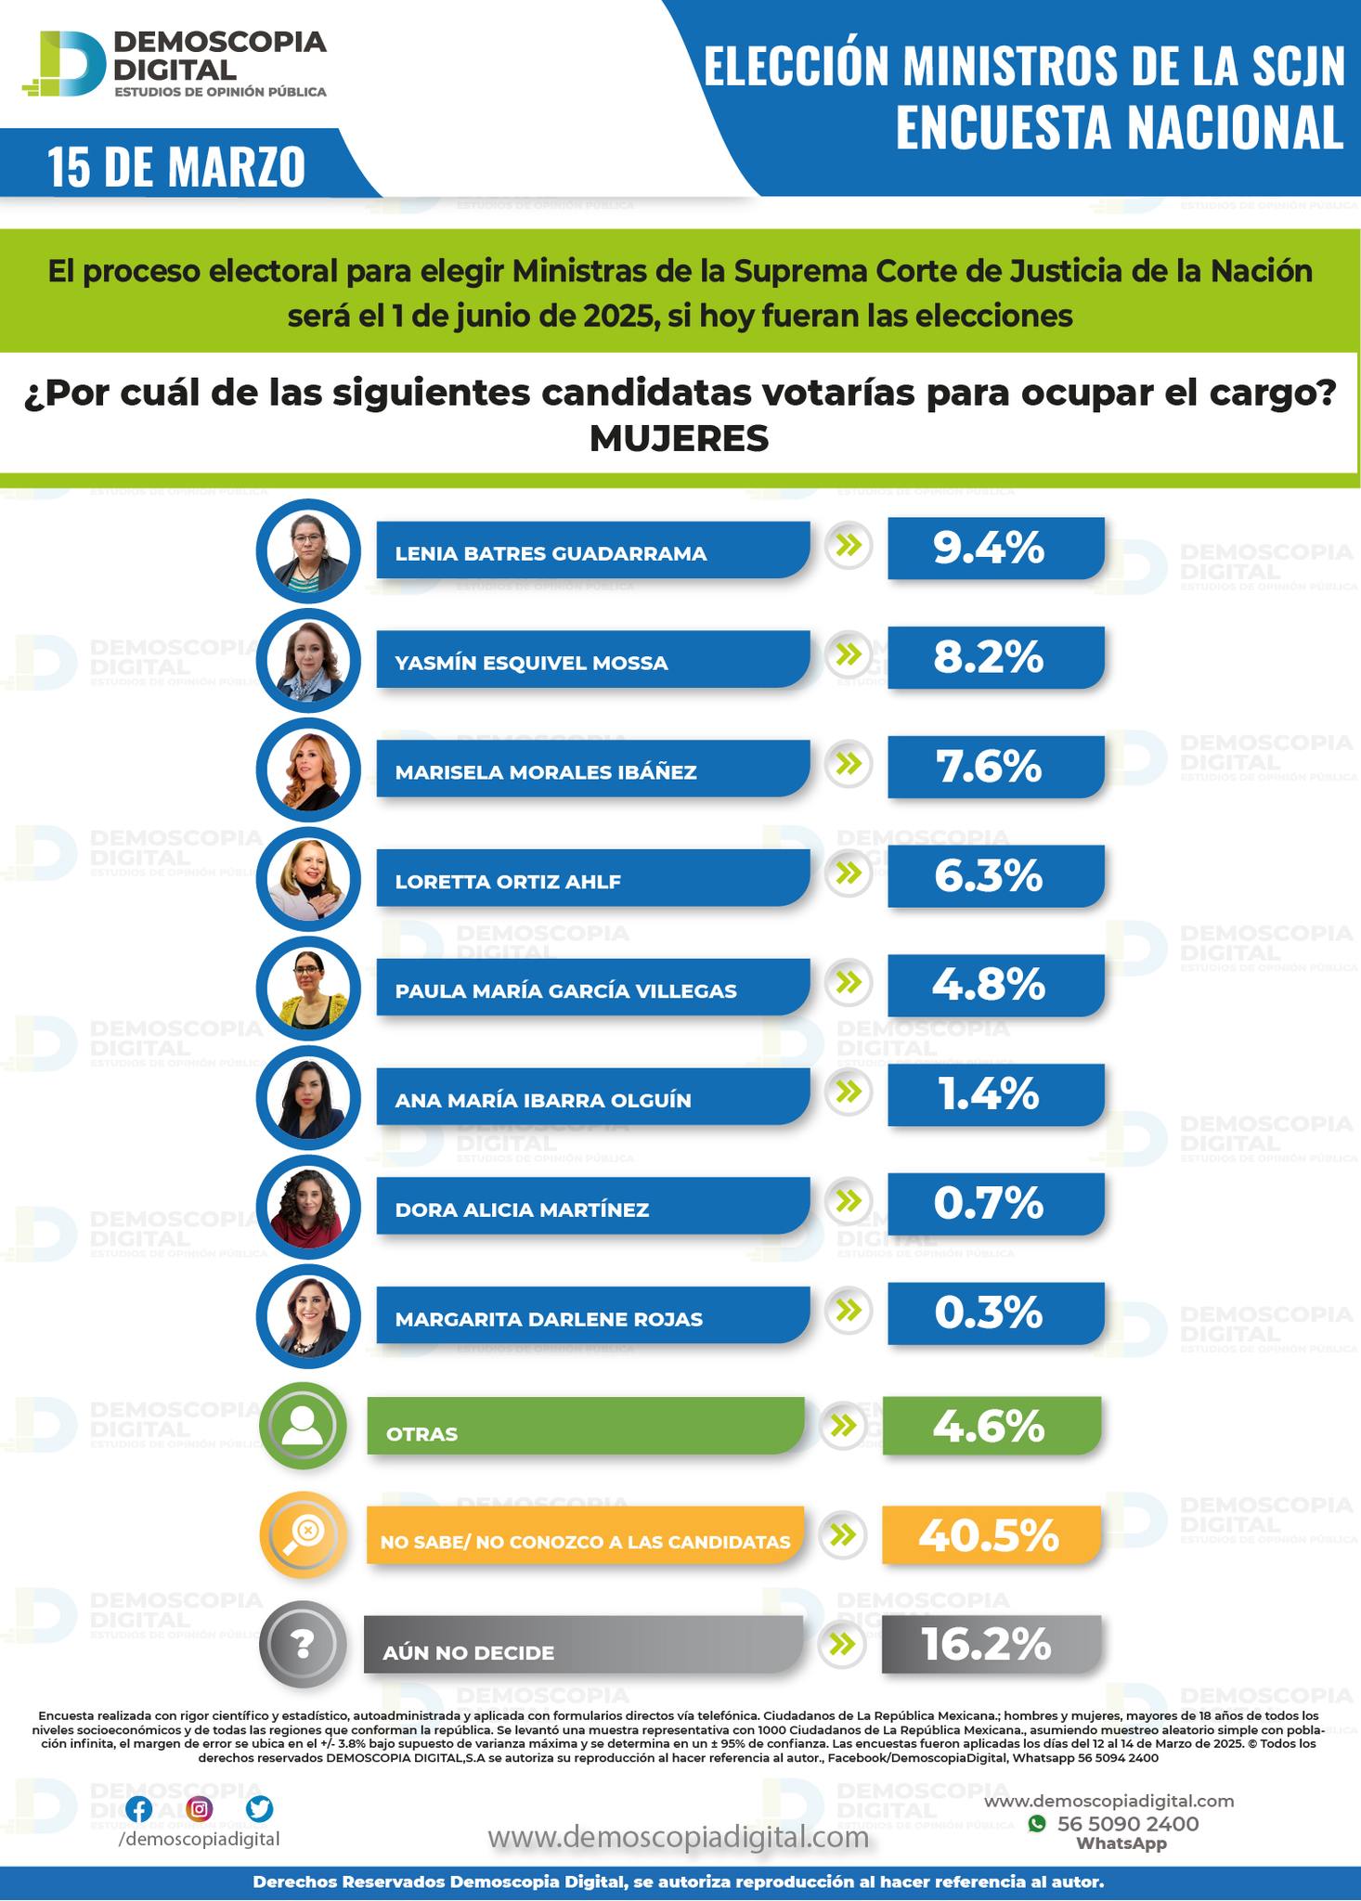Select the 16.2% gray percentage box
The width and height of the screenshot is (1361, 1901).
[x=990, y=1646]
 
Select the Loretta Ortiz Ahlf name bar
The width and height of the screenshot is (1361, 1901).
[x=592, y=879]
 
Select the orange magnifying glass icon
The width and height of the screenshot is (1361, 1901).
[x=303, y=1535]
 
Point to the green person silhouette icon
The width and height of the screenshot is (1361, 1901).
[x=303, y=1426]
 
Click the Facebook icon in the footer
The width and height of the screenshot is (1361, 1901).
[x=139, y=1808]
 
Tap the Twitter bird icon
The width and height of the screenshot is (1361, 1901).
[x=259, y=1808]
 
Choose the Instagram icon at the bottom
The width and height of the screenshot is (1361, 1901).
[x=200, y=1808]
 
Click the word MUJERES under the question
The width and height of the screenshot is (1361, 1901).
[x=680, y=438]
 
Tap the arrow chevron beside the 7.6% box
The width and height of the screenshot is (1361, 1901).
[x=848, y=765]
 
